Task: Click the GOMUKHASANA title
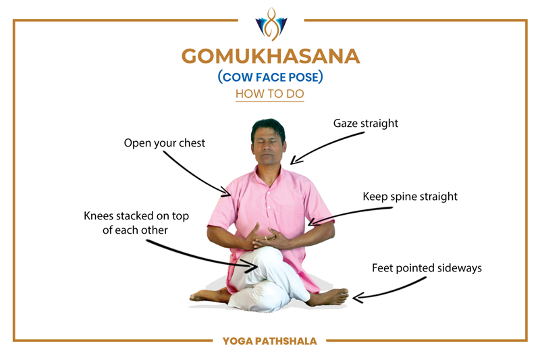[271, 56]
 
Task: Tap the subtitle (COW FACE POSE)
[271, 77]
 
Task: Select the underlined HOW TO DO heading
[269, 94]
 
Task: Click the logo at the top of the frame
[271, 24]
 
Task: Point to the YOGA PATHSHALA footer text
[269, 341]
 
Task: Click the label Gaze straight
[366, 124]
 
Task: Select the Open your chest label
[164, 143]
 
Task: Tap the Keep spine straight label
[410, 197]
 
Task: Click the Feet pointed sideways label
[427, 268]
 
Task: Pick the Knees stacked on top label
[136, 223]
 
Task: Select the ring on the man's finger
[265, 238]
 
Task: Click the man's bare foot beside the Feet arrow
[328, 297]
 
